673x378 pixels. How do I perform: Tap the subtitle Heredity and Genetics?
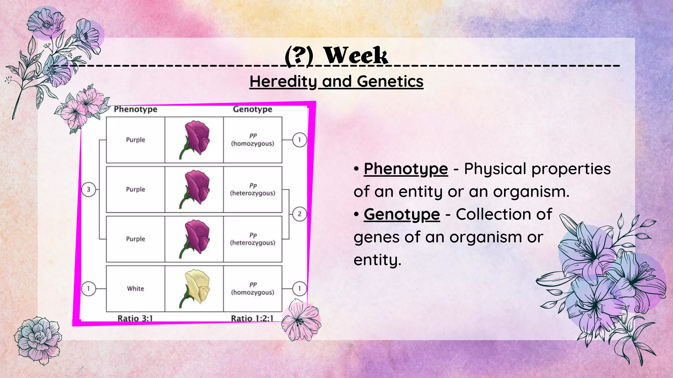click(x=336, y=81)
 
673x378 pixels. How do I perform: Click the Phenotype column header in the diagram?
click(x=135, y=109)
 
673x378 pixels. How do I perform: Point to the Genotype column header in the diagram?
click(x=252, y=109)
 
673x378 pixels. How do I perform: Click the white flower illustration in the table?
click(x=197, y=288)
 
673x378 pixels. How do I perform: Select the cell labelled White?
click(x=135, y=288)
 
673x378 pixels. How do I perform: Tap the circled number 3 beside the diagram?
click(x=88, y=189)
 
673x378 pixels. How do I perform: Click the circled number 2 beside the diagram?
click(x=299, y=214)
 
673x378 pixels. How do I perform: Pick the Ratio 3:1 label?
click(x=135, y=318)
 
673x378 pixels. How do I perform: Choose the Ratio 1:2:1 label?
click(x=252, y=318)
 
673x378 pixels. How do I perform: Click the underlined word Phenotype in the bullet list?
click(x=406, y=169)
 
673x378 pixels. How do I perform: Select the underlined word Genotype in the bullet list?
click(x=402, y=215)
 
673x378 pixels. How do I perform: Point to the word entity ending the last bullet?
click(x=377, y=260)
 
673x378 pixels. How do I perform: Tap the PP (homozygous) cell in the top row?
click(x=252, y=140)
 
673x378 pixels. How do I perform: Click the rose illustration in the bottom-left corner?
click(x=38, y=340)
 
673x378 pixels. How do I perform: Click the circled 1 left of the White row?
click(x=88, y=289)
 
